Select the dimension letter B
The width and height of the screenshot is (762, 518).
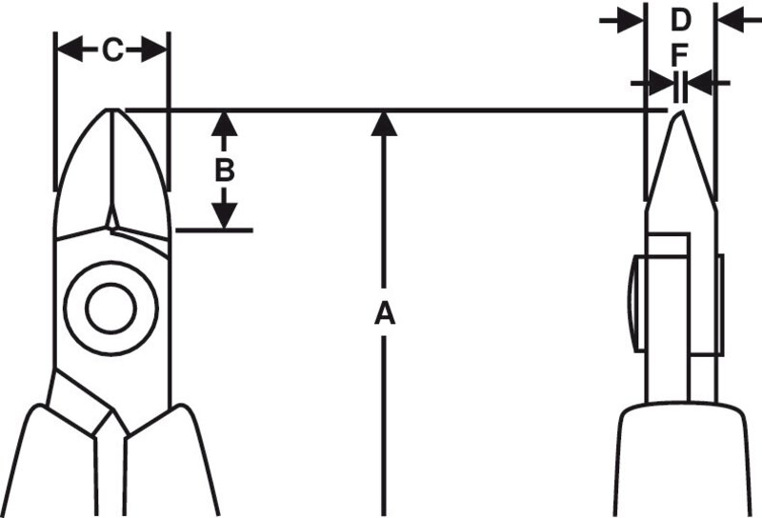(225, 170)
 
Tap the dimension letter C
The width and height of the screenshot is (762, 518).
(112, 50)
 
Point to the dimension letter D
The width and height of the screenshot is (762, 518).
(680, 20)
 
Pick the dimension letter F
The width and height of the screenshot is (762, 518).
(680, 55)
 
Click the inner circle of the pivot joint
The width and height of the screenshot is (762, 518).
(110, 309)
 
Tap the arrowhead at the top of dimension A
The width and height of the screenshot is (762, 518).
(384, 124)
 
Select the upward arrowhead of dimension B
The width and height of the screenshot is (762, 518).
(225, 124)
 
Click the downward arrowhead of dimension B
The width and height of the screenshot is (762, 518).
(225, 215)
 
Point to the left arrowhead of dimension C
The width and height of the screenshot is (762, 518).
(70, 50)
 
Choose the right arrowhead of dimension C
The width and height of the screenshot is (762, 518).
(154, 50)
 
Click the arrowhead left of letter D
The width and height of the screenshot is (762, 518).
(630, 20)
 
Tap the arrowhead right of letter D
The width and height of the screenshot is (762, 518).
(732, 20)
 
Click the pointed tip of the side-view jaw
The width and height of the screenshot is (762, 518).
(680, 111)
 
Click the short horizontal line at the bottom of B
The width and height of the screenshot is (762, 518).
(214, 229)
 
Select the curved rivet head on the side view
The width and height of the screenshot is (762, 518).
(635, 304)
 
